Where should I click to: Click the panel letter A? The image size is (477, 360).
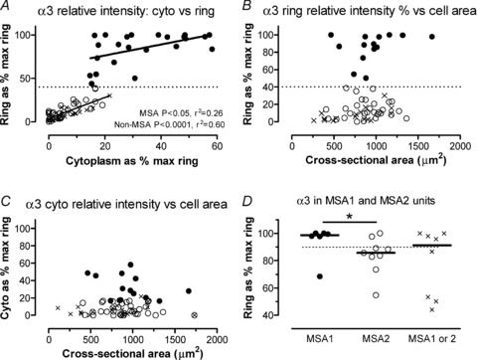pos(7,9)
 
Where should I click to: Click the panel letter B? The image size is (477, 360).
pos(247,9)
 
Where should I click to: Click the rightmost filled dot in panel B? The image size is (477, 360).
pos(432,37)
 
